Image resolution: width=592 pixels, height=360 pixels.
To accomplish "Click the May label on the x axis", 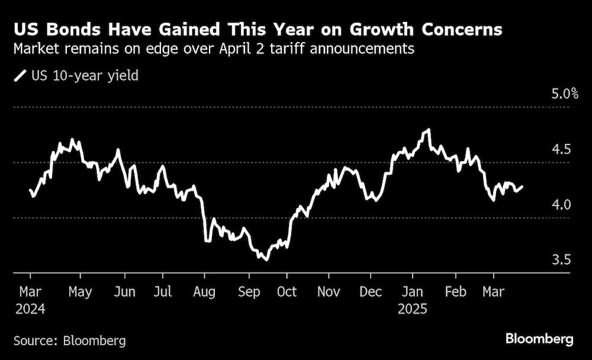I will tap(80, 292).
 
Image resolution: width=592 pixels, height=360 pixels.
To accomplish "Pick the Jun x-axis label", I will tap(124, 292).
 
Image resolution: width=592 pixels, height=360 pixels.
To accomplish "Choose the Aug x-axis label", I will tap(204, 292).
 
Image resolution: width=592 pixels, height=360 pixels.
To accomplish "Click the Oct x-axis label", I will tap(287, 292).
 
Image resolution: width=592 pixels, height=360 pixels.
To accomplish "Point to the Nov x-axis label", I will tap(328, 292).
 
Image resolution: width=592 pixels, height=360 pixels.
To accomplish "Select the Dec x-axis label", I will tap(370, 292).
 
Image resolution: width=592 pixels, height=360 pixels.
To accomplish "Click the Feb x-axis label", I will tap(455, 292).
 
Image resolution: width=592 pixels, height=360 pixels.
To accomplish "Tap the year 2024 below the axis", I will tap(31, 308).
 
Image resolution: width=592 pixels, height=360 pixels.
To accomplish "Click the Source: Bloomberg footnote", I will tap(69, 340).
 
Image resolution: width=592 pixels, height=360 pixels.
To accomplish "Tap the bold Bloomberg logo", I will tap(539, 339).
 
